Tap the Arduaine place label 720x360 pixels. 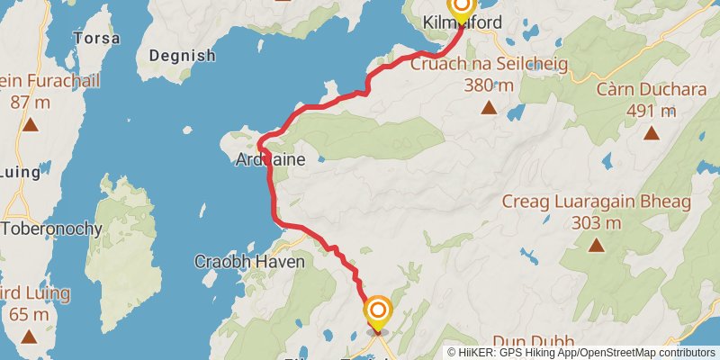pyautogui.click(x=270, y=159)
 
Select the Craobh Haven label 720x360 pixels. pyautogui.click(x=250, y=262)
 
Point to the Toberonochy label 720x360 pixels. pyautogui.click(x=51, y=228)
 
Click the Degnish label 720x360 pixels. pyautogui.click(x=182, y=56)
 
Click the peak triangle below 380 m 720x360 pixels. pyautogui.click(x=489, y=109)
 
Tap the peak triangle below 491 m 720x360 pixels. pyautogui.click(x=650, y=134)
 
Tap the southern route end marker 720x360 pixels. pyautogui.click(x=378, y=312)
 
